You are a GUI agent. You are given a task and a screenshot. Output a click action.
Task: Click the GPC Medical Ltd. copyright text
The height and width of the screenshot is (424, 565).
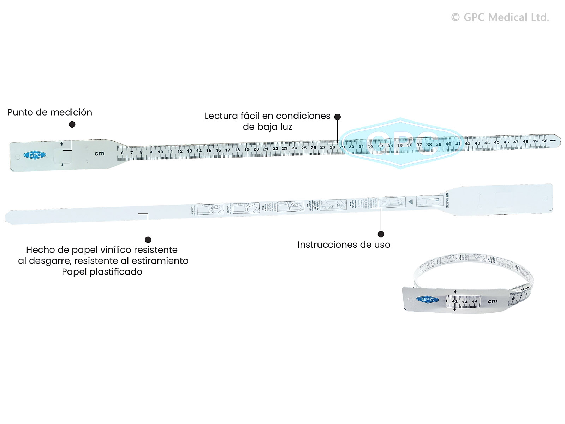point(500,17)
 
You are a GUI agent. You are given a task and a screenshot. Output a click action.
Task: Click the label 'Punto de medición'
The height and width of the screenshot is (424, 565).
point(50,112)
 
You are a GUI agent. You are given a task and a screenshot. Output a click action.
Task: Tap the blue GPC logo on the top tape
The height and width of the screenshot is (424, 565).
point(35,155)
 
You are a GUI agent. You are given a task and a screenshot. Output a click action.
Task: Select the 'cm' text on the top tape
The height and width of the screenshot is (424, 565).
point(99,153)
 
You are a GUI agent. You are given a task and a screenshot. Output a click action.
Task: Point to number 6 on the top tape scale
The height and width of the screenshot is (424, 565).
point(122,153)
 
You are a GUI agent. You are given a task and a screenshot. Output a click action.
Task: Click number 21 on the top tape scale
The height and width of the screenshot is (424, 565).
point(266,149)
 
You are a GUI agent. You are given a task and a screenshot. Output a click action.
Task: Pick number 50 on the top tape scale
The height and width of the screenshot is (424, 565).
point(545,141)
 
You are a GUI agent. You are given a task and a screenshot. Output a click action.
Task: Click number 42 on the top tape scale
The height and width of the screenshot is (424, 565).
point(468,143)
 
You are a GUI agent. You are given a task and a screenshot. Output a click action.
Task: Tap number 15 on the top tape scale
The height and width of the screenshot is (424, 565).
point(209,151)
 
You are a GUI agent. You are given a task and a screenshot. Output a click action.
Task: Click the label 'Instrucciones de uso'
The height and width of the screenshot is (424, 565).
point(344,245)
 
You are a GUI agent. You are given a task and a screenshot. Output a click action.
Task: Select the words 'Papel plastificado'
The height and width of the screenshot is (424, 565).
point(102,272)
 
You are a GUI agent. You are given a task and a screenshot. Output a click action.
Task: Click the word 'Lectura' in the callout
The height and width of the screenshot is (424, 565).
point(221,116)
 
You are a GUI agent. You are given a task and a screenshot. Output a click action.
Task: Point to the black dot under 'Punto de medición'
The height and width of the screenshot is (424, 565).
point(72,124)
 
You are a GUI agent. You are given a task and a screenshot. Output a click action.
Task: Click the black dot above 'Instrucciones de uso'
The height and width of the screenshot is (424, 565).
point(381,234)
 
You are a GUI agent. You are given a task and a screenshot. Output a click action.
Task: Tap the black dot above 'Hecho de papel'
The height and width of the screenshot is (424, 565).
point(148,240)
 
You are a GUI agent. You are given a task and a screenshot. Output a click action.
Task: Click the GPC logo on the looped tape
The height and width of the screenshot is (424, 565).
point(428,300)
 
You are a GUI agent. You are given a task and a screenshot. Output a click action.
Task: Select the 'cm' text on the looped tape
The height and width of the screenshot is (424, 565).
point(492,301)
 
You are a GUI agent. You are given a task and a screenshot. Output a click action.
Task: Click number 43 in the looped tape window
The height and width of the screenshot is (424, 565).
point(465,302)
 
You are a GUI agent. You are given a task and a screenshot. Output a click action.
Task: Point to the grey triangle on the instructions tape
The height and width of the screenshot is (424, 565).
point(410,201)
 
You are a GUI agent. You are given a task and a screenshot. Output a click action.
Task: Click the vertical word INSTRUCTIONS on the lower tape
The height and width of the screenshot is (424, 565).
point(447,200)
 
